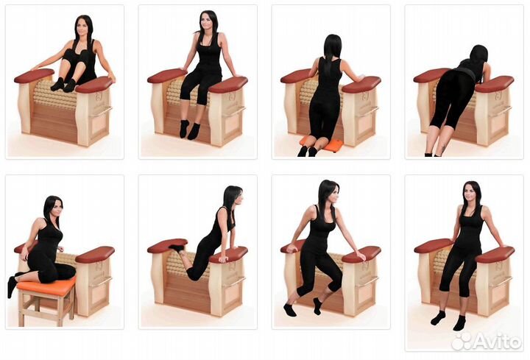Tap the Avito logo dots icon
coord(462,342)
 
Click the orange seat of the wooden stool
coord(46,284)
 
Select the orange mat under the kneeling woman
coord(321,144)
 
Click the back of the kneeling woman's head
coord(333,46)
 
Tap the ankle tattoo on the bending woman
coord(443,149)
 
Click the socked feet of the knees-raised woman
coord(63,85)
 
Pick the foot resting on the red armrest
coord(177,247)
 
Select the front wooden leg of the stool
coord(21,308)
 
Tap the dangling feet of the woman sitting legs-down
coord(189,130)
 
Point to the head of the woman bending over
coord(479,57)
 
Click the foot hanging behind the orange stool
coord(12,286)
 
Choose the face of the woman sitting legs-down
coord(207,23)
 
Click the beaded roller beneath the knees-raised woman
coord(54,95)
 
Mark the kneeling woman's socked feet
coord(308,151)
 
